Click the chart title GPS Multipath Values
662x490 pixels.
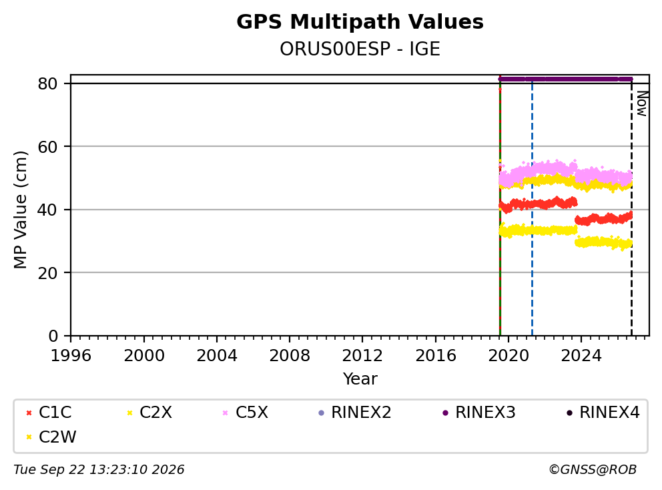[360, 22]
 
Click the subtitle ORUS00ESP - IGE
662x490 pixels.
[360, 49]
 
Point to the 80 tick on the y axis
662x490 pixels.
[47, 83]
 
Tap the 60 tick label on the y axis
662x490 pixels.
[47, 147]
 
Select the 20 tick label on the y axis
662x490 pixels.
[47, 273]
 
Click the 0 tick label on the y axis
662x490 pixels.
[53, 336]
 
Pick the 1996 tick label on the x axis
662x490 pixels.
[71, 356]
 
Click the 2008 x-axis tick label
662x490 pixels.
[289, 356]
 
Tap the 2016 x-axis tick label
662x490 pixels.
[435, 356]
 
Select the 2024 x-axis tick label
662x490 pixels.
[581, 356]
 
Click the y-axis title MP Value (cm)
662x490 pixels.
[20, 210]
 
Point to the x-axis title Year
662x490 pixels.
[360, 379]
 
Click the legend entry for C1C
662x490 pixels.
[49, 413]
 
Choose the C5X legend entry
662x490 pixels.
[246, 413]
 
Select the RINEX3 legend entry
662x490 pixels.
[478, 413]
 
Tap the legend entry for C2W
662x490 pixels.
[51, 437]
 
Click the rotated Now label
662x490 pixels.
[642, 104]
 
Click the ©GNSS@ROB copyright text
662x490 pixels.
[593, 469]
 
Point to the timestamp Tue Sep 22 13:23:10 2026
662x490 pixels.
[99, 469]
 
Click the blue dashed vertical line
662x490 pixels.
[532, 208]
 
